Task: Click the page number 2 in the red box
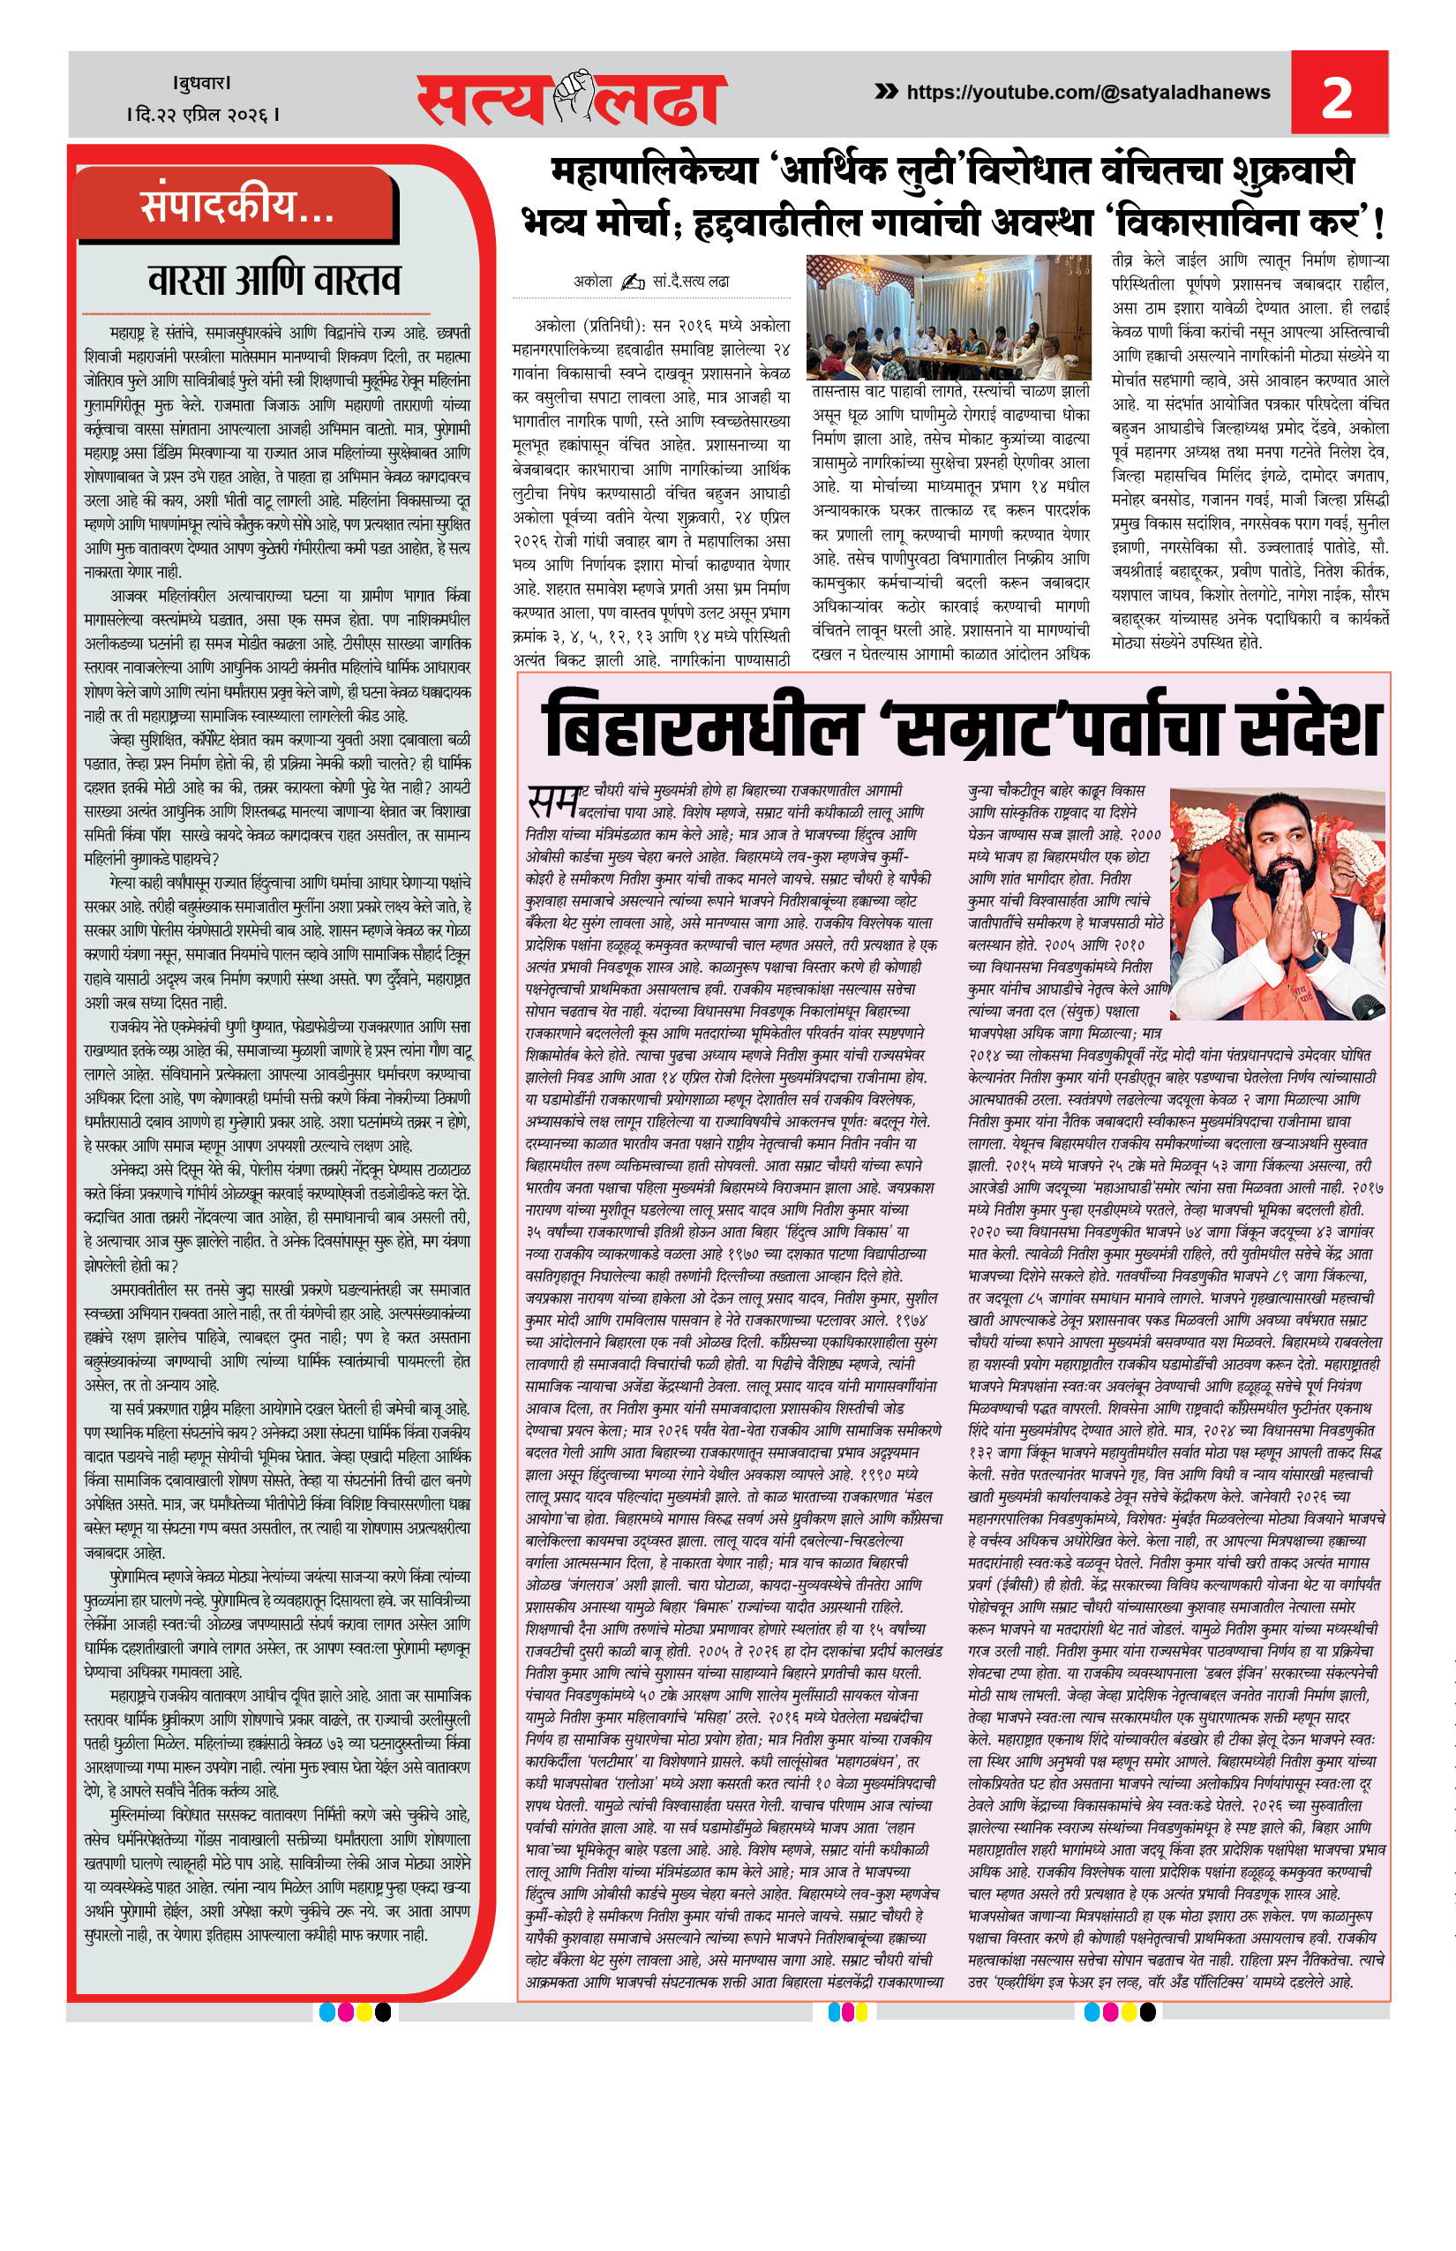[1337, 97]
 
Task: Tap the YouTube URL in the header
[1087, 93]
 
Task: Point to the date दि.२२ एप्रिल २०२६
[203, 116]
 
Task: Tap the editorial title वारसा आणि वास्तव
[274, 280]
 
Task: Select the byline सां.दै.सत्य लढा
[690, 282]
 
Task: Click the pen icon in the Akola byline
[633, 282]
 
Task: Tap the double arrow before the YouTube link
[886, 92]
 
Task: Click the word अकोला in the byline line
[593, 282]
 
